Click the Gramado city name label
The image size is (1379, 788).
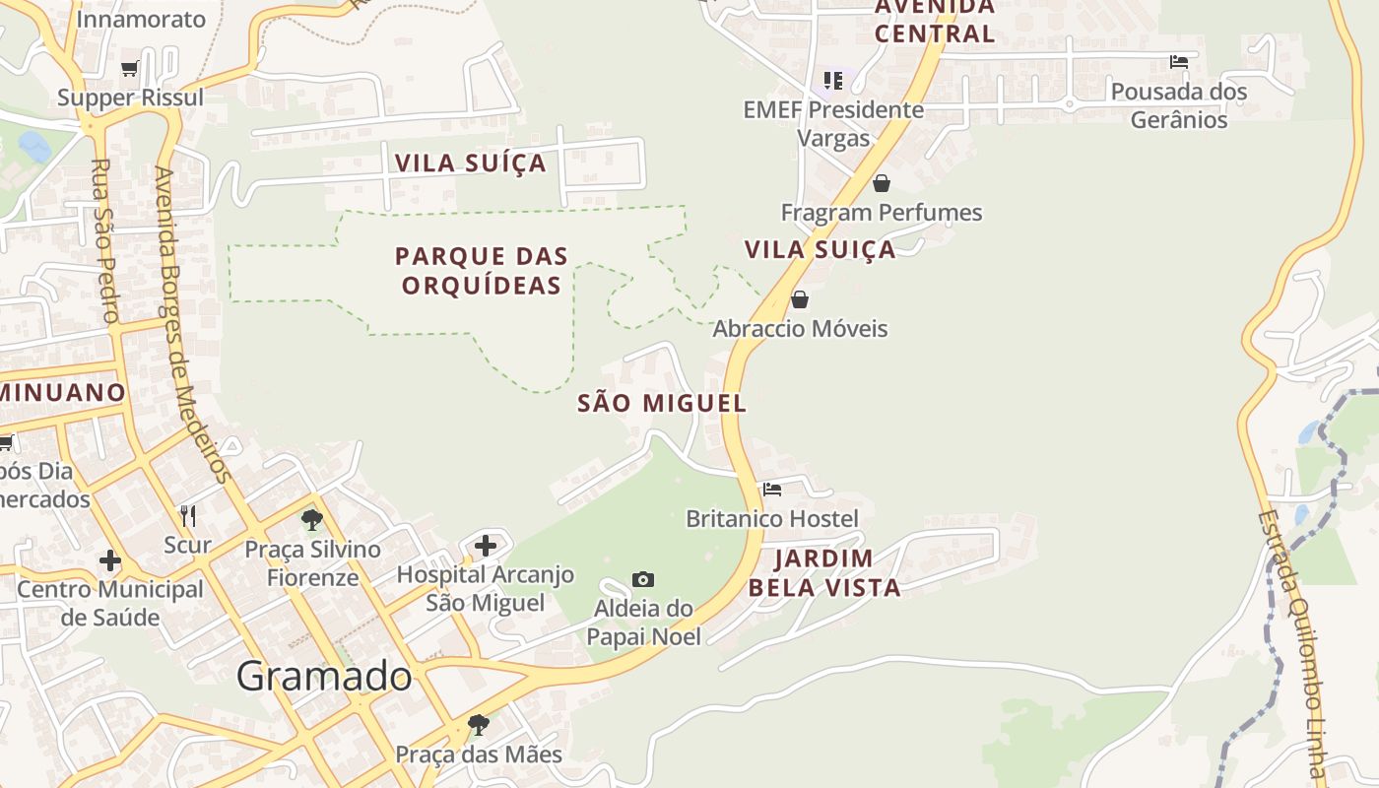pyautogui.click(x=324, y=676)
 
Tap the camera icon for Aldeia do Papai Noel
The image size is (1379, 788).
pyautogui.click(x=643, y=579)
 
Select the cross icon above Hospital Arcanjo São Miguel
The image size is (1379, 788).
pyautogui.click(x=486, y=546)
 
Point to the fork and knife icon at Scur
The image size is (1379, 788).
pyautogui.click(x=188, y=515)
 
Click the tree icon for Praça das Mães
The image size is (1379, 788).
pyautogui.click(x=479, y=725)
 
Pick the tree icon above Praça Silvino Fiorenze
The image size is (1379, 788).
pyautogui.click(x=312, y=519)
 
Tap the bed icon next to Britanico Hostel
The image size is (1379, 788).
pyautogui.click(x=772, y=489)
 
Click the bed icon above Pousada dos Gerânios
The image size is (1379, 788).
pyautogui.click(x=1178, y=62)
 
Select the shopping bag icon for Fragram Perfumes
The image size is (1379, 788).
pyautogui.click(x=882, y=183)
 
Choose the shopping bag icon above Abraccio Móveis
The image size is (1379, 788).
pyautogui.click(x=800, y=298)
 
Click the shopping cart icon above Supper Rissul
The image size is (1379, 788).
pyautogui.click(x=129, y=68)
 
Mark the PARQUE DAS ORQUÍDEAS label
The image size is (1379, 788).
pyautogui.click(x=482, y=271)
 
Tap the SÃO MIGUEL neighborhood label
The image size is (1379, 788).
pyautogui.click(x=662, y=403)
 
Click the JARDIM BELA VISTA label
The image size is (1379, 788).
pyautogui.click(x=824, y=573)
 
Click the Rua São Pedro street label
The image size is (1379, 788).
pyautogui.click(x=104, y=240)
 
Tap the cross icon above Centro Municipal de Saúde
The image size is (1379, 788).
pyautogui.click(x=110, y=560)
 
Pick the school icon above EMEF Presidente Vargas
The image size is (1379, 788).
pyautogui.click(x=833, y=80)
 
